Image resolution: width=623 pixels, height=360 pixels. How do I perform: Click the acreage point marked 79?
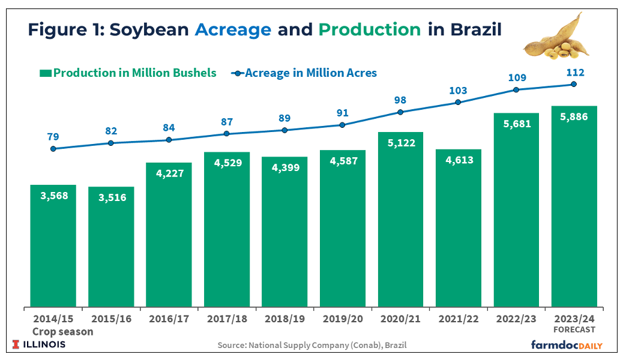(x=53, y=149)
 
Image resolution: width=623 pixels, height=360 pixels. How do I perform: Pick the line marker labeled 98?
(x=400, y=112)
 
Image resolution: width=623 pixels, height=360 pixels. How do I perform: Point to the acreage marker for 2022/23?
(x=516, y=90)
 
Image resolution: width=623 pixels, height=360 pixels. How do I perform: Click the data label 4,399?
(x=284, y=168)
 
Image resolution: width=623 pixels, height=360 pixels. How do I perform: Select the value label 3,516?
(x=111, y=197)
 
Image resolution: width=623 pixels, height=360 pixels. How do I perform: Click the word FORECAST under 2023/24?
(x=574, y=329)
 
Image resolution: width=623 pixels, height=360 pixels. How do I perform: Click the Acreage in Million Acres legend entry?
(x=304, y=73)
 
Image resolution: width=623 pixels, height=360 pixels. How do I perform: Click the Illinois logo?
(x=39, y=344)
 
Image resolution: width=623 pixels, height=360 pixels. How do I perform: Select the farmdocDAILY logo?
(x=566, y=345)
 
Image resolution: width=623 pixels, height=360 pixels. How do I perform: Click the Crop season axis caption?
(x=62, y=331)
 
